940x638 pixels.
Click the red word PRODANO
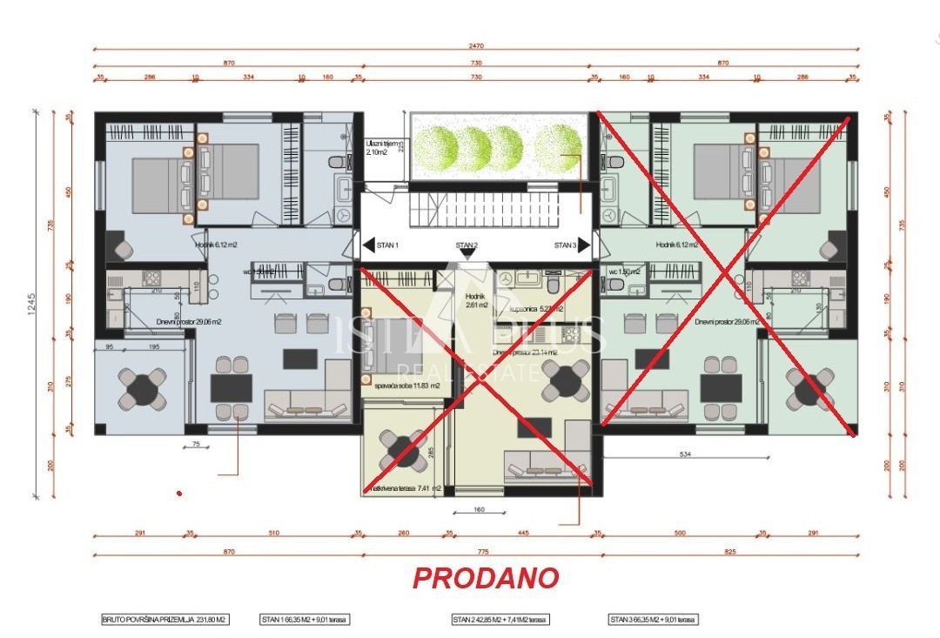(485, 578)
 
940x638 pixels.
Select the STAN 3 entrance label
(570, 245)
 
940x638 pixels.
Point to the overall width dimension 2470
(474, 45)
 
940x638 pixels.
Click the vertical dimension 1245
(31, 306)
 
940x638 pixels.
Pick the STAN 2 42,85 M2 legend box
(500, 620)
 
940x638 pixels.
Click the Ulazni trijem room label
(381, 147)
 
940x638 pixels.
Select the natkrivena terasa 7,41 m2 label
(406, 489)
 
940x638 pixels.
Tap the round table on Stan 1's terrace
(142, 387)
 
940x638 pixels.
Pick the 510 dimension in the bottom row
(273, 534)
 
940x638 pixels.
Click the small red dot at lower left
(179, 494)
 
